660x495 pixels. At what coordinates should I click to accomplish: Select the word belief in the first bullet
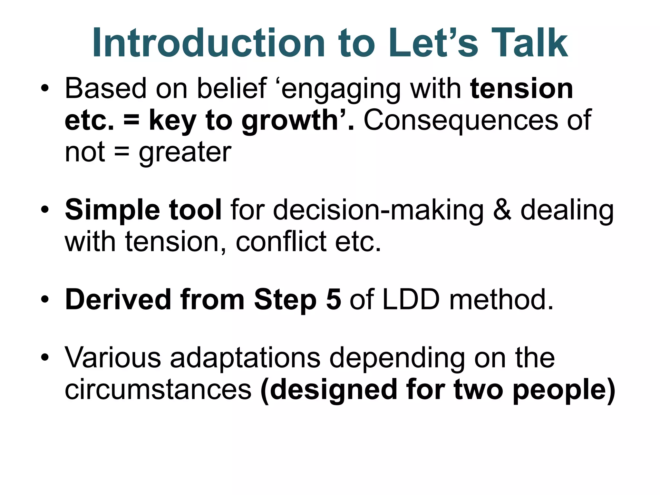232,89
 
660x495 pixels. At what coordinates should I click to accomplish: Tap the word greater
185,152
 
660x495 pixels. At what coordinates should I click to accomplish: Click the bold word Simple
112,210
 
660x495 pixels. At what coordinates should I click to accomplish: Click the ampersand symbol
502,210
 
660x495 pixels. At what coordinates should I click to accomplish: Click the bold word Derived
118,300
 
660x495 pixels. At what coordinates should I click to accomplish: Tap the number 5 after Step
333,300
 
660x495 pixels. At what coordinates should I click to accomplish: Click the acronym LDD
411,300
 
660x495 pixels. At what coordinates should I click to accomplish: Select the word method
501,300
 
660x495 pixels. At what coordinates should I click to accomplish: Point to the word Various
113,358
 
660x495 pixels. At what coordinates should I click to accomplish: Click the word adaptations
245,358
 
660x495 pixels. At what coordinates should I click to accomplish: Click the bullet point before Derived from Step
45,300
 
